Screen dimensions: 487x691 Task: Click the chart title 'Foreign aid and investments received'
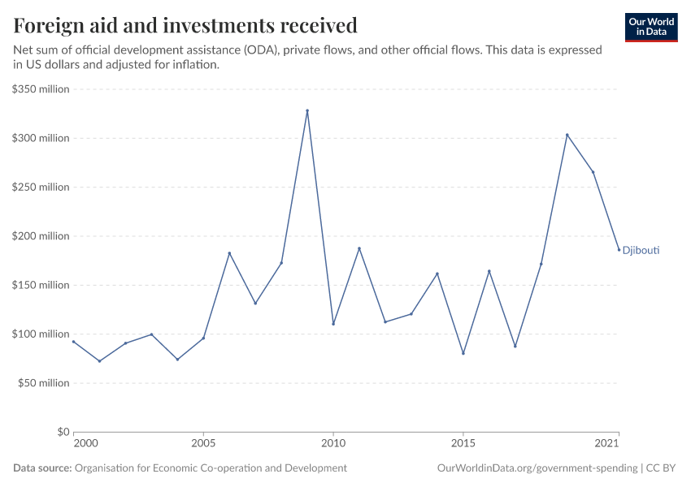click(x=185, y=26)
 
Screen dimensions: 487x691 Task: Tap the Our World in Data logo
click(x=650, y=27)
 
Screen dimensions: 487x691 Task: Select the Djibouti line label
click(x=641, y=251)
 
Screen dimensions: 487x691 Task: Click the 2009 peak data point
click(x=307, y=110)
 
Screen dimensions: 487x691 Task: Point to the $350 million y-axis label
click(x=41, y=89)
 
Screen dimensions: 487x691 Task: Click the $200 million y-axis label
click(x=41, y=236)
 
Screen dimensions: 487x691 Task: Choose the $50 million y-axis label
click(x=44, y=383)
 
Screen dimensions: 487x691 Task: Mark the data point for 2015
click(x=463, y=353)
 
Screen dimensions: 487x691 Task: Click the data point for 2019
click(x=567, y=135)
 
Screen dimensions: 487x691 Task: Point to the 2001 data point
click(x=99, y=361)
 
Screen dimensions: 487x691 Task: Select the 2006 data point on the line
click(x=229, y=253)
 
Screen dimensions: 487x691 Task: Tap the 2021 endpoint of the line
click(x=619, y=250)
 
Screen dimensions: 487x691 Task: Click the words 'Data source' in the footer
click(x=42, y=468)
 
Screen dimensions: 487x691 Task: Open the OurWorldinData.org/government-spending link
click(x=537, y=468)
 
